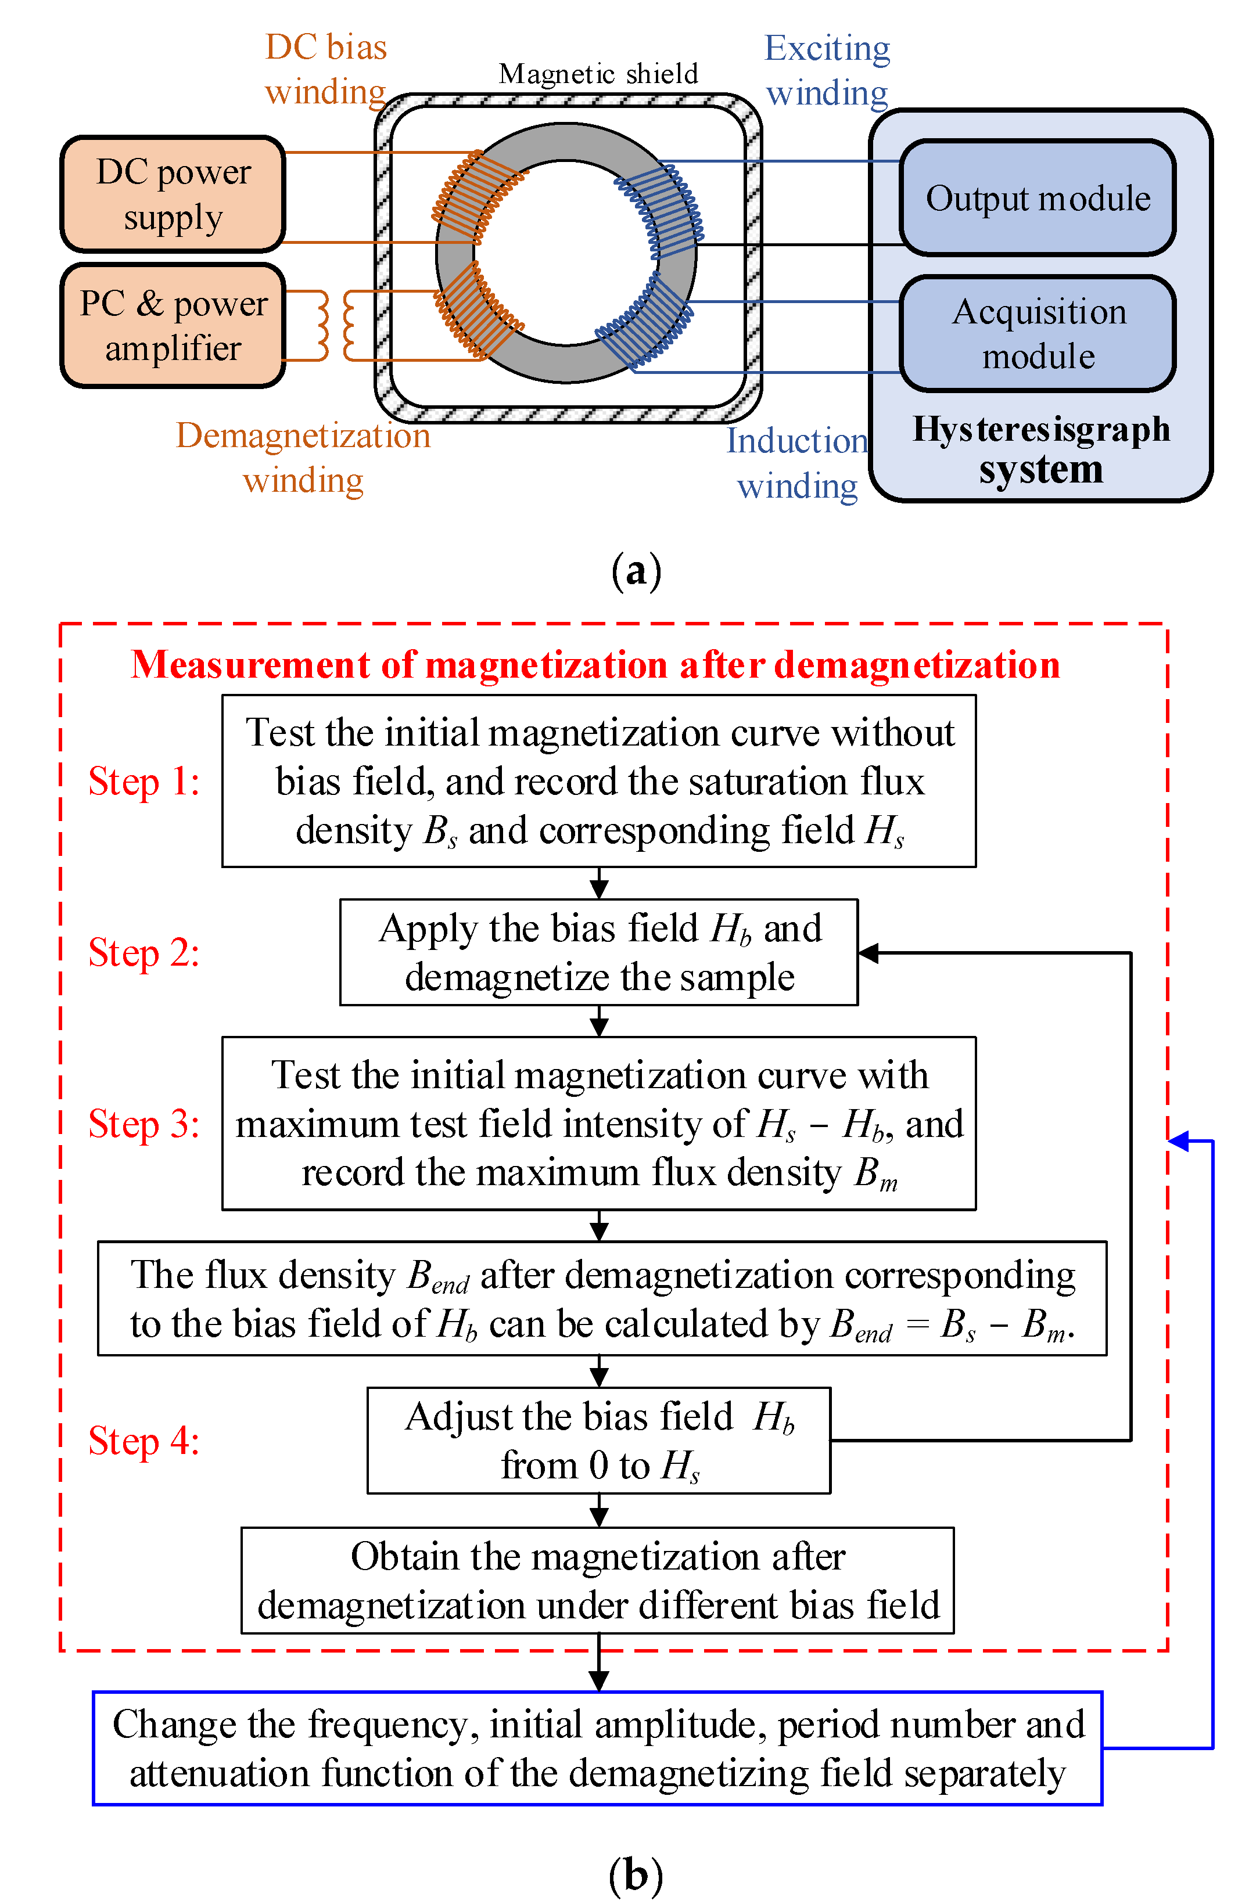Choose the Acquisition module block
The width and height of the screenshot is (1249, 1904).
point(1038,334)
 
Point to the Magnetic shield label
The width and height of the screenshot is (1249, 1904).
point(598,74)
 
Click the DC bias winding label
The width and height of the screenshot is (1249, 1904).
point(326,70)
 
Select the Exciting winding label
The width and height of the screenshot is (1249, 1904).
point(827,70)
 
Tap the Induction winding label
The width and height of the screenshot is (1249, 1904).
point(797,463)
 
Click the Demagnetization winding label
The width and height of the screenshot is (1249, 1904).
point(303,458)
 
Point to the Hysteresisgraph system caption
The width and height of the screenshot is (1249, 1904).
point(1041,449)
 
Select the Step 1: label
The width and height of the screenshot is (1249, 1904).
point(144,782)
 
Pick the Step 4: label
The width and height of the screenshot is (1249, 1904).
point(144,1441)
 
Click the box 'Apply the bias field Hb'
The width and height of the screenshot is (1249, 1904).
point(598,952)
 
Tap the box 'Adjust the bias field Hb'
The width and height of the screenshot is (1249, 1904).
point(598,1440)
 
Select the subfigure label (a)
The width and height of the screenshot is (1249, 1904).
point(636,571)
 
